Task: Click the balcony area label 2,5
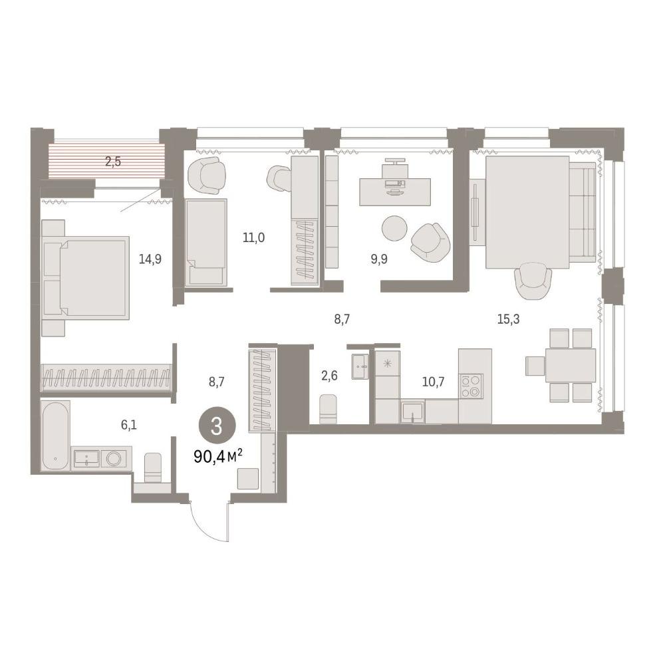[113, 162]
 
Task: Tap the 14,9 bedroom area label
[150, 259]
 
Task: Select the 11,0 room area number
[253, 237]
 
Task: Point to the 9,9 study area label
[379, 259]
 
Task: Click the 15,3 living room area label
[508, 319]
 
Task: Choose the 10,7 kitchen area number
[433, 382]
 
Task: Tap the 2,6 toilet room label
[329, 375]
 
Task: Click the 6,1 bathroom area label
[129, 424]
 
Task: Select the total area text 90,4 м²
[218, 456]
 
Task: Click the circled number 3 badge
[216, 427]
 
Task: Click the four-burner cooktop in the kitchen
[471, 386]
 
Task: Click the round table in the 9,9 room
[394, 228]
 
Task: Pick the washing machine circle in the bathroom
[114, 458]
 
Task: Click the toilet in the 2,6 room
[328, 409]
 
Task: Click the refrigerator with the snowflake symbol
[387, 363]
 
